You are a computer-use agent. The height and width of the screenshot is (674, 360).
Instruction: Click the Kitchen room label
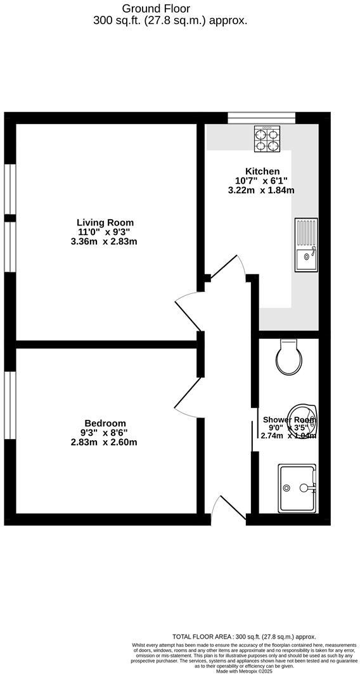click(262, 171)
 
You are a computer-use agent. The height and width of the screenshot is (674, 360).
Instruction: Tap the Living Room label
click(105, 222)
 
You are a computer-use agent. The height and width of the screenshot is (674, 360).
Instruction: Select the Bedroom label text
click(105, 423)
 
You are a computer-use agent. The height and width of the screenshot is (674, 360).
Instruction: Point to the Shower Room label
click(289, 419)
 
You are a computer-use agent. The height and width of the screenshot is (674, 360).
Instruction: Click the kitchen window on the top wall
click(261, 117)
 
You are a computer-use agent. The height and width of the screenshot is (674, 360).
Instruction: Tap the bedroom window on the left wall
click(9, 404)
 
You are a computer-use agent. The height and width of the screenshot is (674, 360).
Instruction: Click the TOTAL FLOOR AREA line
click(243, 637)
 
